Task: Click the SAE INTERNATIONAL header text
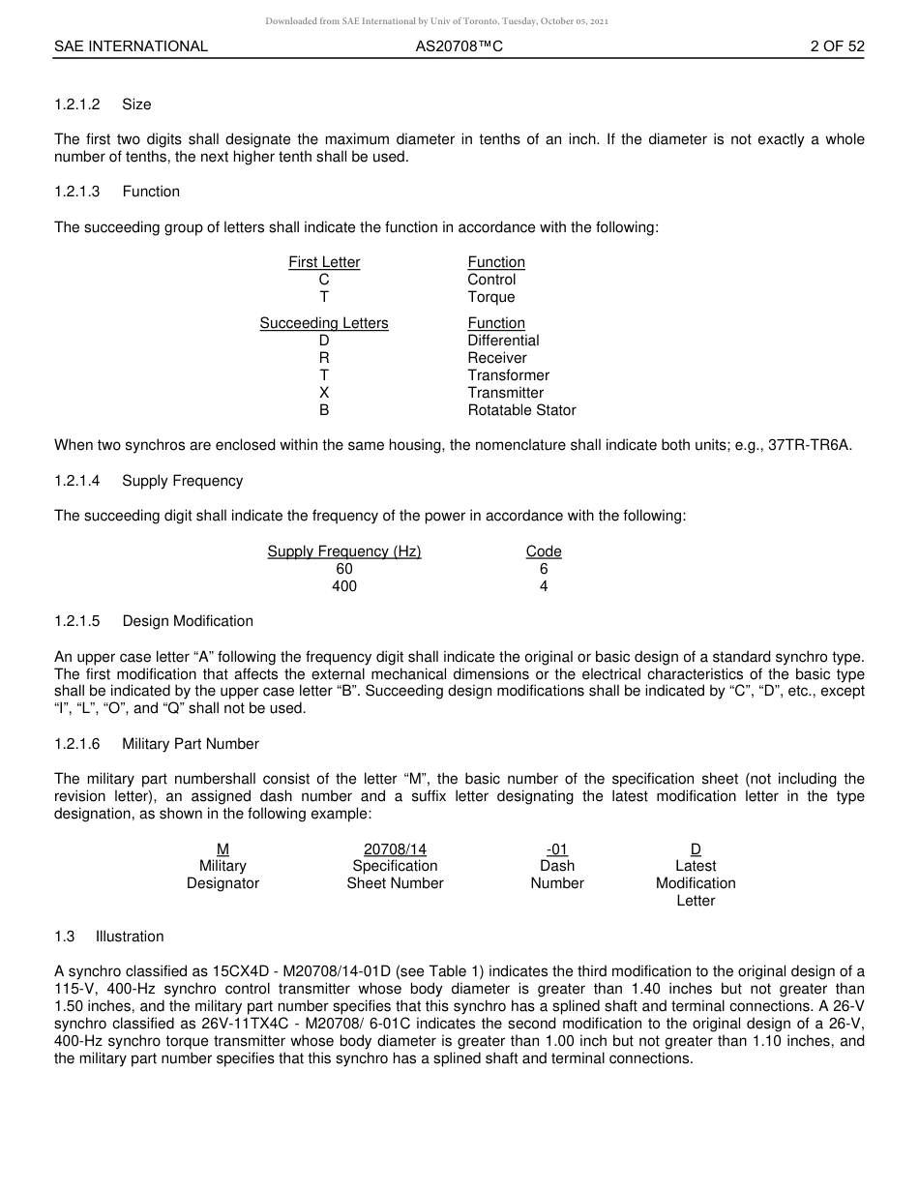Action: coord(131,46)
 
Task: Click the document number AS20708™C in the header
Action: coord(459,46)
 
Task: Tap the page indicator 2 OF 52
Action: coord(837,46)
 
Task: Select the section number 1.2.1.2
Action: coord(77,104)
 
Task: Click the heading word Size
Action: coord(136,104)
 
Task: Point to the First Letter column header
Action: coord(324,262)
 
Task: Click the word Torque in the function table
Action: coord(491,297)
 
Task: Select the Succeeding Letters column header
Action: coord(324,323)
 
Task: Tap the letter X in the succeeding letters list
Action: coord(324,393)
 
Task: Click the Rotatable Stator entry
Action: coord(521,410)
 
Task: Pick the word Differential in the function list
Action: coord(503,341)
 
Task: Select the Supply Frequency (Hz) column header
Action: coord(344,551)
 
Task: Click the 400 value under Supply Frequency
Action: coord(344,586)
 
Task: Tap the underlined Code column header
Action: coord(544,551)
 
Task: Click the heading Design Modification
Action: coord(188,621)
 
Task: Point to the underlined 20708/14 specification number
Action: coord(395,849)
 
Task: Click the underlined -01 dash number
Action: coord(557,849)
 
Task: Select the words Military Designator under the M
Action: coord(222,875)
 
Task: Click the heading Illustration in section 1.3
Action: coord(130,937)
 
